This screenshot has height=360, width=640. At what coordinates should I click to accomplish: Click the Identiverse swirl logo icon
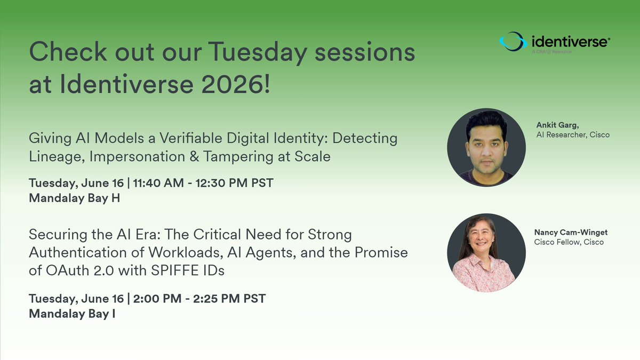(x=513, y=42)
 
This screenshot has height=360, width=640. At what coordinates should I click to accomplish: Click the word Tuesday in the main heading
(x=258, y=52)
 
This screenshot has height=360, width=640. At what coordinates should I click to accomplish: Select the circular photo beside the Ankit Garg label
(x=486, y=147)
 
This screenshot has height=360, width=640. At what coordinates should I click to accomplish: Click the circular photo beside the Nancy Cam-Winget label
(x=486, y=253)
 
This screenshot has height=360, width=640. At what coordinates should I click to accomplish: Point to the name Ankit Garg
(x=557, y=125)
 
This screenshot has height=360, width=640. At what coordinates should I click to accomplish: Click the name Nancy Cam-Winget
(x=571, y=233)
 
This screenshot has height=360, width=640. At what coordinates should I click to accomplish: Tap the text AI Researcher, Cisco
(x=573, y=135)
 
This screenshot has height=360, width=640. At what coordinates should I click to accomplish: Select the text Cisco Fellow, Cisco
(x=569, y=242)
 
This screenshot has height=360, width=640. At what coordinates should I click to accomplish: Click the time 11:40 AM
(x=158, y=183)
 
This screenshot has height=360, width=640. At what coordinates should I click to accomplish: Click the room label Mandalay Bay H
(x=74, y=198)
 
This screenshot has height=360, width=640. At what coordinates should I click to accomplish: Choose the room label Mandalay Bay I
(x=72, y=314)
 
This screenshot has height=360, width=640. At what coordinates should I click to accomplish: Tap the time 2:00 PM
(x=157, y=299)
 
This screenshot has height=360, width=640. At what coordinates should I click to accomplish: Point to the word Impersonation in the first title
(x=138, y=157)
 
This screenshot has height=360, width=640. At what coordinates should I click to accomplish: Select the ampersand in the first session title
(x=194, y=157)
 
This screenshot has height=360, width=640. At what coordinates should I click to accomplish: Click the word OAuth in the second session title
(x=67, y=270)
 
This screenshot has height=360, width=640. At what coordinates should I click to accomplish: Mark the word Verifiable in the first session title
(x=191, y=138)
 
